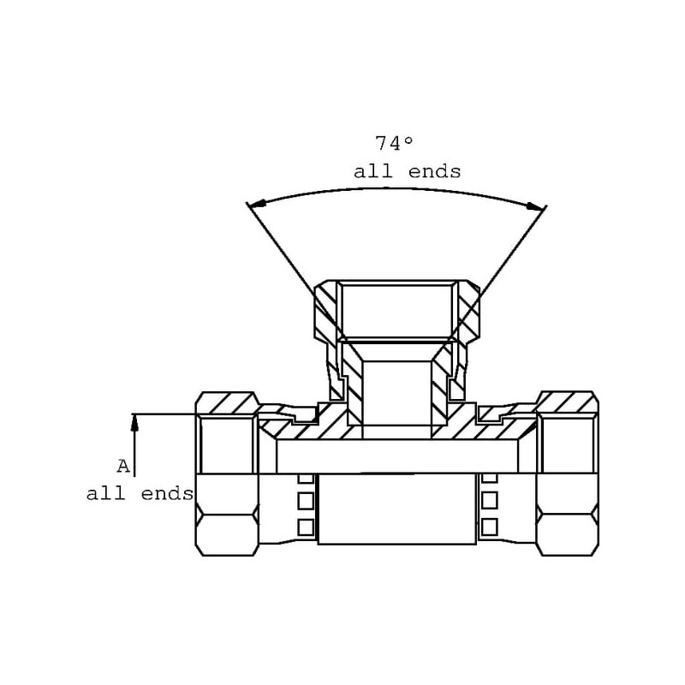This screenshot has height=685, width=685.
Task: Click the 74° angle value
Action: coord(394,144)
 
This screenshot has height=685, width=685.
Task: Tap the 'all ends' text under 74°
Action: coord(408,172)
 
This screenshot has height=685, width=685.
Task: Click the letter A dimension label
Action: coord(123,466)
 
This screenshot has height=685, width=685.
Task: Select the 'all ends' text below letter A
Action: coord(140,494)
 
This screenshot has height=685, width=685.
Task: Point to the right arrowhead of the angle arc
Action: coord(537,206)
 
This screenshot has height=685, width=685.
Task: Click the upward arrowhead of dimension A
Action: coord(134,423)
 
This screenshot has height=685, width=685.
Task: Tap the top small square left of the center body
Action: coord(306,478)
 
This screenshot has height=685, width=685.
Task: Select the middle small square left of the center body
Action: coord(306,501)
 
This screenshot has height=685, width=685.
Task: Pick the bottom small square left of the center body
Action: coord(306,527)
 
